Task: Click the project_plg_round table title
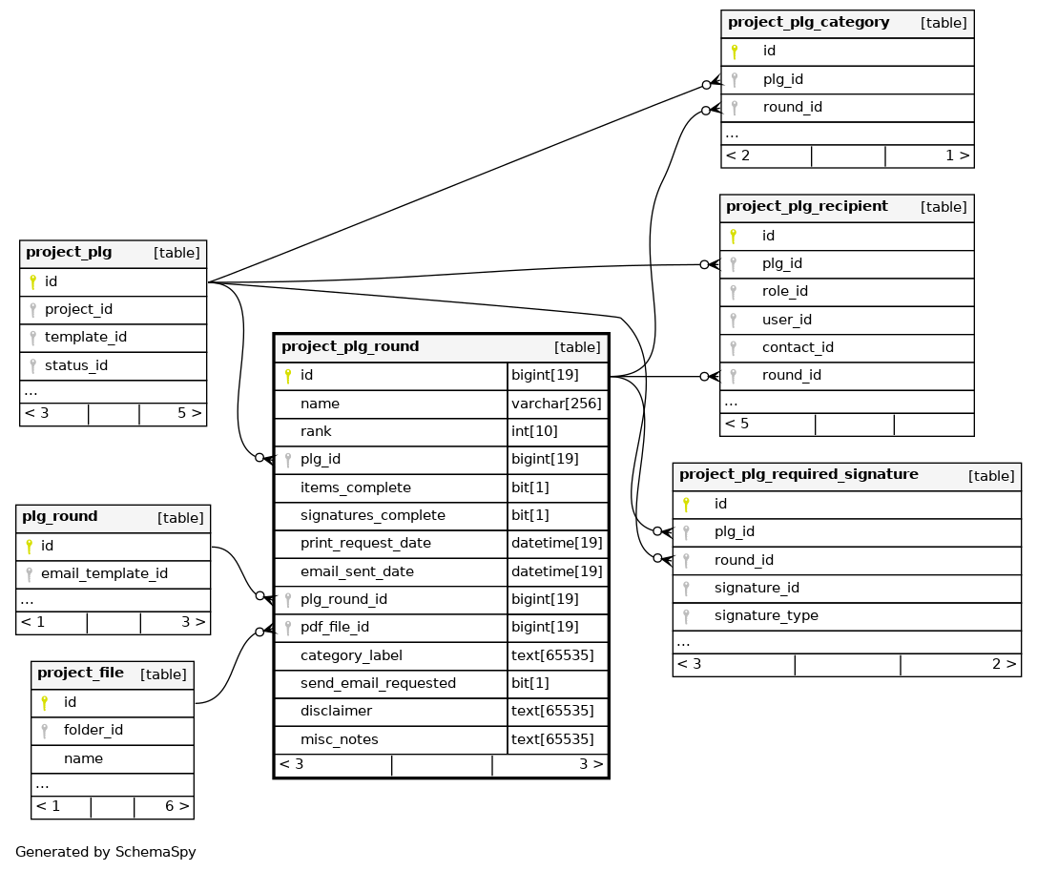click(x=350, y=346)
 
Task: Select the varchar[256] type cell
click(x=557, y=404)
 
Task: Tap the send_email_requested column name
click(x=378, y=683)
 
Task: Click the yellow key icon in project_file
click(x=44, y=703)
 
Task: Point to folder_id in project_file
click(x=93, y=730)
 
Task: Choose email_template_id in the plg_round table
click(x=104, y=573)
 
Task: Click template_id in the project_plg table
click(x=85, y=337)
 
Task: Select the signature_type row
click(x=766, y=615)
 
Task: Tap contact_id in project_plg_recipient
click(x=798, y=347)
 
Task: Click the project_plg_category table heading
click(x=808, y=22)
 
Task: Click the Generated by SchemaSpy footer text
click(x=106, y=852)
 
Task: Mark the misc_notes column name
click(x=339, y=739)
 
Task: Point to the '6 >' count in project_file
click(x=176, y=806)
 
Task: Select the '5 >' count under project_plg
click(x=189, y=413)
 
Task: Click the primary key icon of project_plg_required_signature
click(x=685, y=504)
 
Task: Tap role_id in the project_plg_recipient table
click(x=784, y=291)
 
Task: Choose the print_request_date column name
click(x=365, y=543)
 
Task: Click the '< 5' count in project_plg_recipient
click(x=736, y=424)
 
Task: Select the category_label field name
click(x=351, y=655)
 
